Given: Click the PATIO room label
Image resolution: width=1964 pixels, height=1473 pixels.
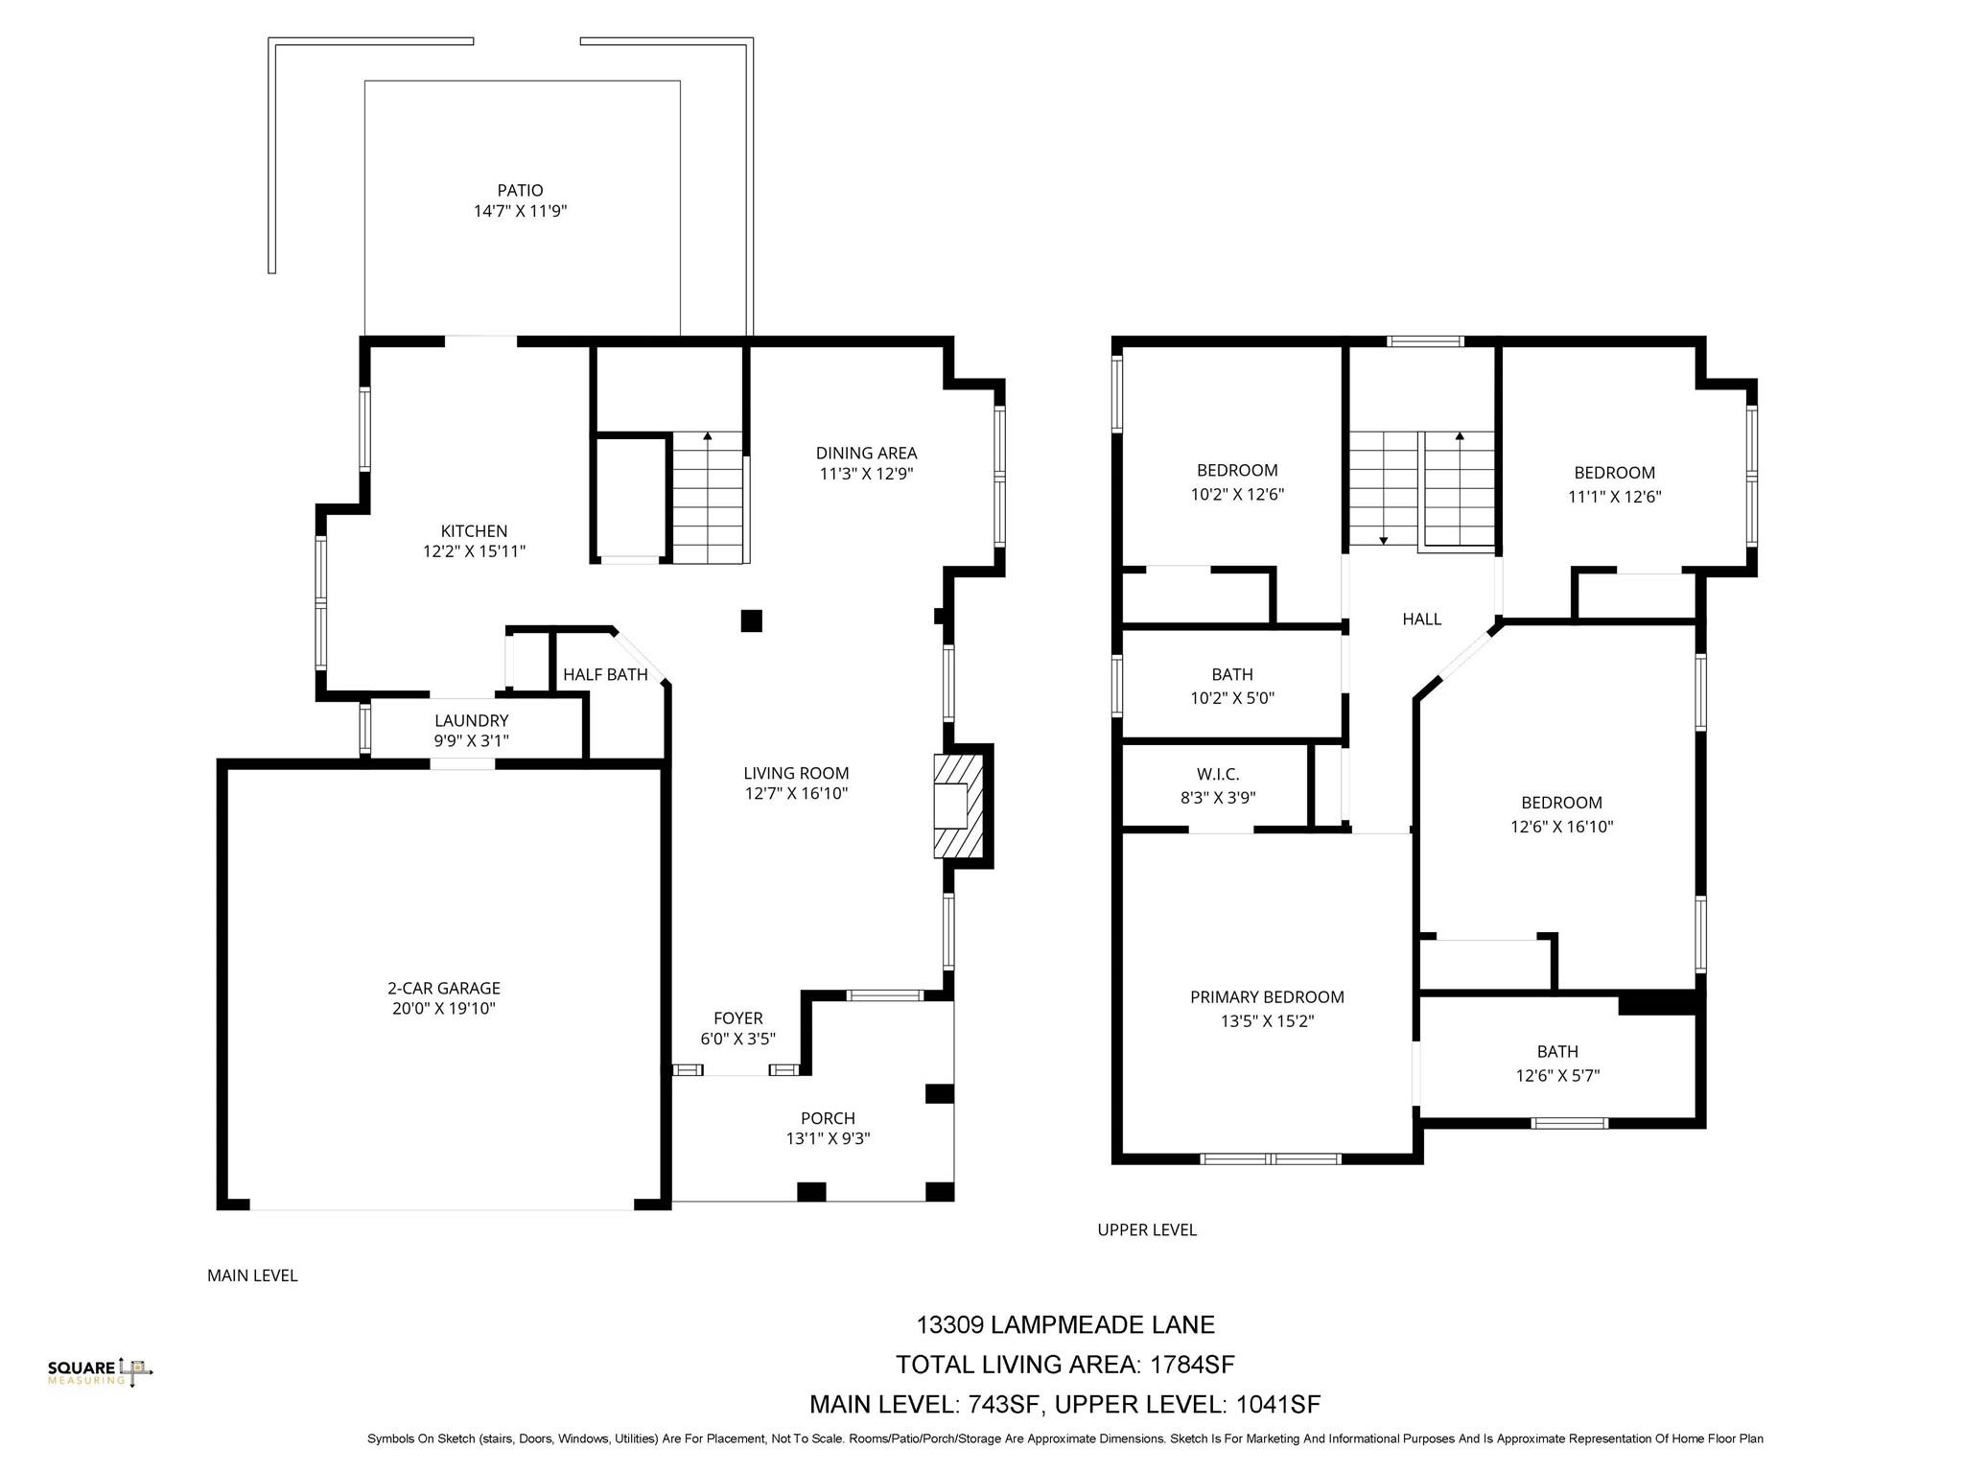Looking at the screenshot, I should pyautogui.click(x=520, y=191).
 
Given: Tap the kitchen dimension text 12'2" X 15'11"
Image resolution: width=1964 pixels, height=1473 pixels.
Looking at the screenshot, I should pyautogui.click(x=474, y=551).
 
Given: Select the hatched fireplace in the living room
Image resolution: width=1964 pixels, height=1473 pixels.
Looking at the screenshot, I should pyautogui.click(x=959, y=806).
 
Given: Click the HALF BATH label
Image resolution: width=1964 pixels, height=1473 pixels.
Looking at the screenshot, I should pyautogui.click(x=605, y=675).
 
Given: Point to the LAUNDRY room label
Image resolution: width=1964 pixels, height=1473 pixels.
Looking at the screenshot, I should pyautogui.click(x=471, y=720).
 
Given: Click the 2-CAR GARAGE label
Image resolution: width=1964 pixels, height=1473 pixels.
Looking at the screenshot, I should pyautogui.click(x=444, y=988).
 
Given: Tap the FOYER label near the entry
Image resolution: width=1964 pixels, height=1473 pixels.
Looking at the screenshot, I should pyautogui.click(x=737, y=1018).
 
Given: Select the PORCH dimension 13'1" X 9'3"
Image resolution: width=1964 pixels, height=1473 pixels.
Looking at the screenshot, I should pyautogui.click(x=828, y=1139).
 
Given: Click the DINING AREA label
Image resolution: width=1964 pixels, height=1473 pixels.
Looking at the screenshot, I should pyautogui.click(x=866, y=453).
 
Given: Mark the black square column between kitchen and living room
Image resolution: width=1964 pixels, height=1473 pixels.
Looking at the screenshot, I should pyautogui.click(x=751, y=620).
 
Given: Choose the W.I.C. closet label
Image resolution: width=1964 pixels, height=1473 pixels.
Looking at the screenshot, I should pyautogui.click(x=1218, y=774).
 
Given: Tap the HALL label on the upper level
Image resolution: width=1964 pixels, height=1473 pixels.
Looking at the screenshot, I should pyautogui.click(x=1421, y=620).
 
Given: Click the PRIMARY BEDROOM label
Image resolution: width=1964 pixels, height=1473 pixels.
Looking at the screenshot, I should pyautogui.click(x=1267, y=997).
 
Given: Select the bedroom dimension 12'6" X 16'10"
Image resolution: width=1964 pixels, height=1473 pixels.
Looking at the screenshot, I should pyautogui.click(x=1561, y=827).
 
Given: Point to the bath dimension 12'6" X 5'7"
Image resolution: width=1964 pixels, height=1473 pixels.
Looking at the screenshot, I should pyautogui.click(x=1557, y=1076).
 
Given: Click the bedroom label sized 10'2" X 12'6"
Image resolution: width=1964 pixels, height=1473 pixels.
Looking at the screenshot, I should pyautogui.click(x=1237, y=471).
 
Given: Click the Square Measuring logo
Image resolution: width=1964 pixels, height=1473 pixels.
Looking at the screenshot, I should pyautogui.click(x=100, y=1372).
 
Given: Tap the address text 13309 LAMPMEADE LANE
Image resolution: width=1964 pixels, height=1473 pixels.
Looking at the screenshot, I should pyautogui.click(x=1064, y=1324).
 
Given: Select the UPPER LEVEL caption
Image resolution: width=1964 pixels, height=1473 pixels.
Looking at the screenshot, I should pyautogui.click(x=1147, y=1229).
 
